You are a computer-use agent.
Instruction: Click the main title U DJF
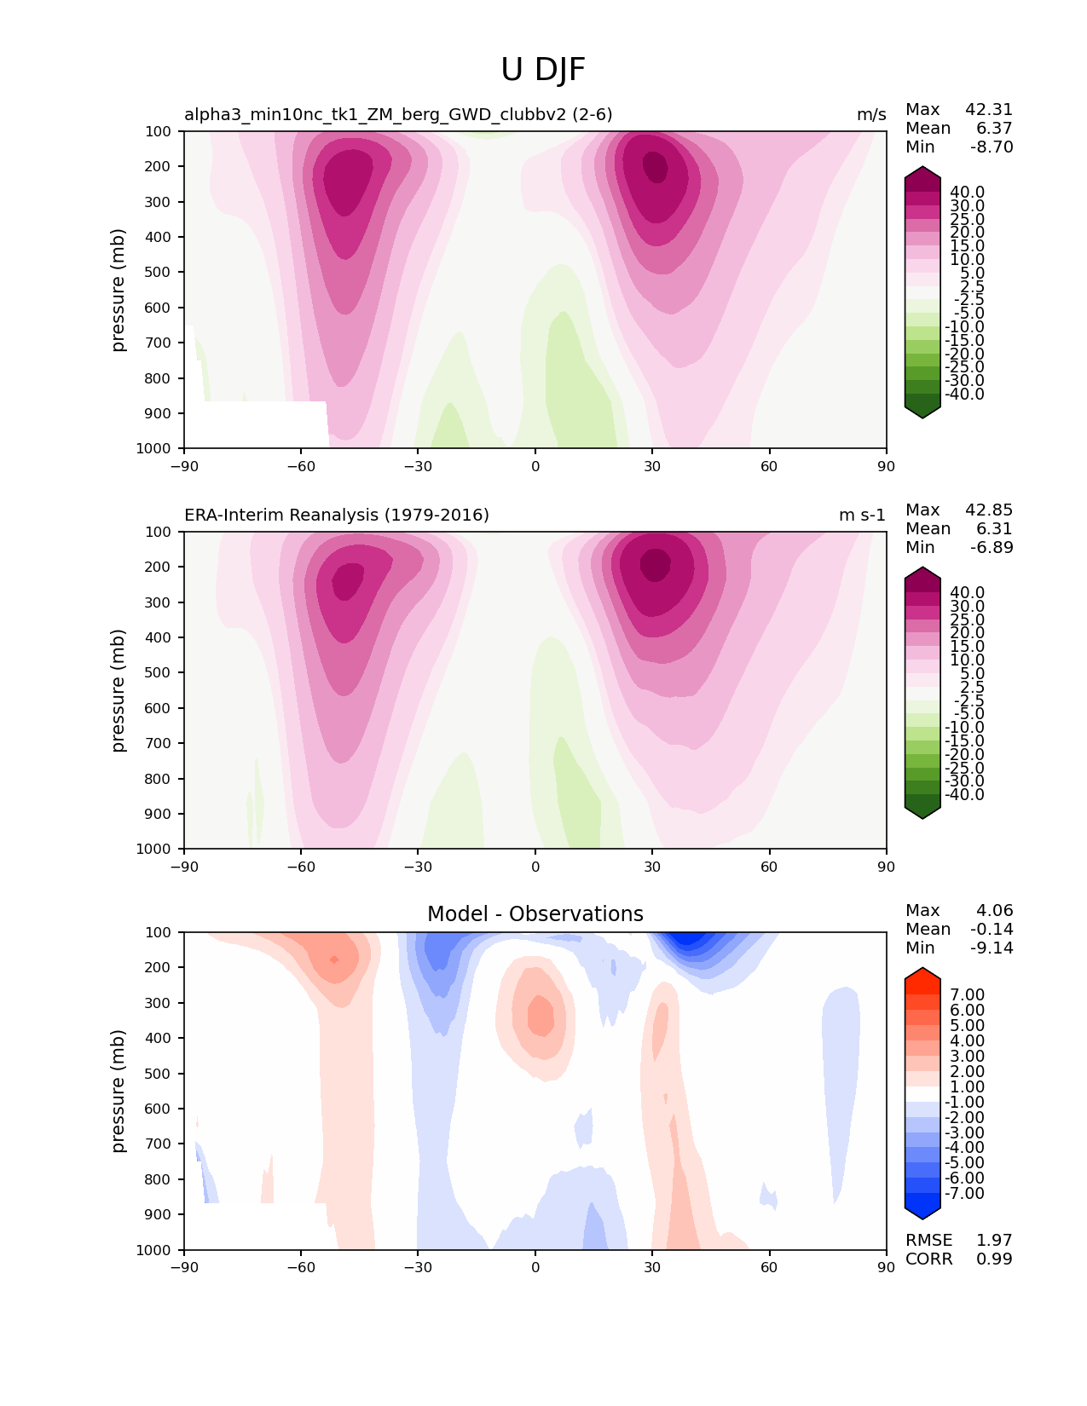[543, 70]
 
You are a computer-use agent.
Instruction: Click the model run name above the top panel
[398, 114]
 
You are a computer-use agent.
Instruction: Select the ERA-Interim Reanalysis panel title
[337, 515]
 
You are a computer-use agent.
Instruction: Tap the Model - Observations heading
[535, 914]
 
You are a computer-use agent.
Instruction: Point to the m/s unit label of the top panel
[871, 114]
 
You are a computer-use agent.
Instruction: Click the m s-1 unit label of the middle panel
[862, 515]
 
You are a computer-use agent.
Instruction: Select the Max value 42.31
[989, 109]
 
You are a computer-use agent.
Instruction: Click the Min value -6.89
[992, 547]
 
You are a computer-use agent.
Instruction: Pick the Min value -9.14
[992, 948]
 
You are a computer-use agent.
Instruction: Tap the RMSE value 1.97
[994, 1240]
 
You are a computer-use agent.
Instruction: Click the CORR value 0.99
[994, 1259]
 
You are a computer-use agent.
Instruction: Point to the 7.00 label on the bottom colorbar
[968, 994]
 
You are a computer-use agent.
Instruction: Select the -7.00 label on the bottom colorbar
[965, 1193]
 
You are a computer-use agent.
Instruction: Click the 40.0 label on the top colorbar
[968, 193]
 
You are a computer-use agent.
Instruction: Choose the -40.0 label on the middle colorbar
[965, 794]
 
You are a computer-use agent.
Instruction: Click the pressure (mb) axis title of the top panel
[119, 290]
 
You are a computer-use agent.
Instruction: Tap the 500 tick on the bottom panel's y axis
[159, 1074]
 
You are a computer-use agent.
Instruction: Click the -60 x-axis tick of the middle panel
[301, 867]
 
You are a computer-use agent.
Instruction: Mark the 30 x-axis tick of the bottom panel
[652, 1267]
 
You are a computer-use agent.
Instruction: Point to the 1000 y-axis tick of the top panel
[156, 448]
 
